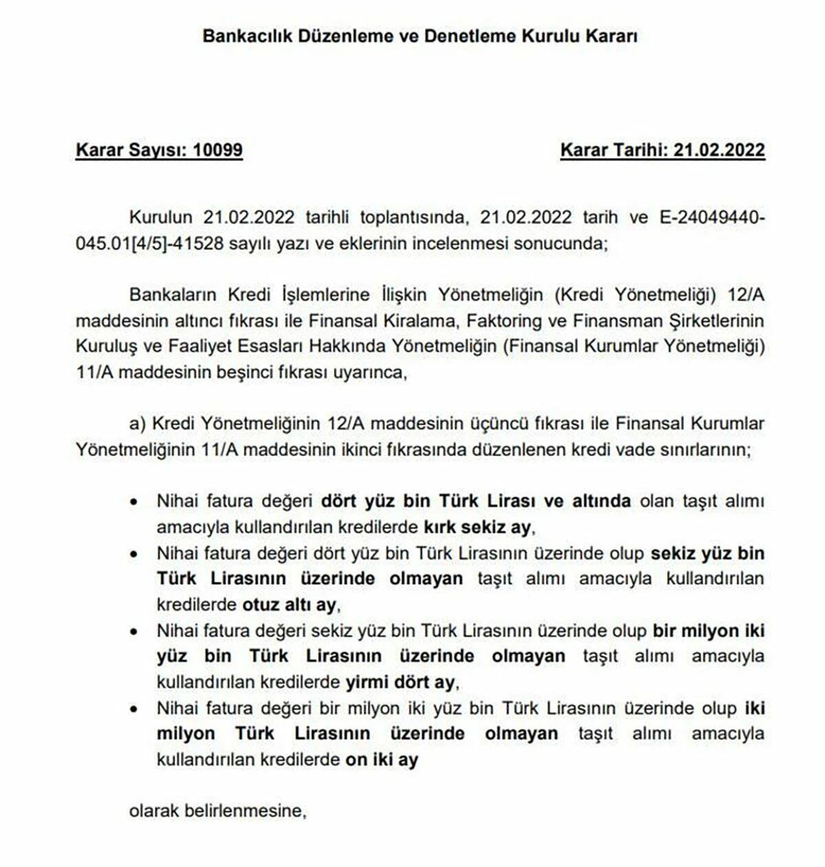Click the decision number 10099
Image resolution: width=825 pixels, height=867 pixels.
point(218,150)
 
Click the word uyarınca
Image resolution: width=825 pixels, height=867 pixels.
point(369,373)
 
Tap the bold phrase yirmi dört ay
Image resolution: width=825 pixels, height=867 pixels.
point(400,682)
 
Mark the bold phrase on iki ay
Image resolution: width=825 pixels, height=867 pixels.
point(382,760)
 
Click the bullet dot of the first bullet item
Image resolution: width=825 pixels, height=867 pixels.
point(134,502)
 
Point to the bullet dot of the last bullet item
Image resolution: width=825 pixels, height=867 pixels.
point(134,709)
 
